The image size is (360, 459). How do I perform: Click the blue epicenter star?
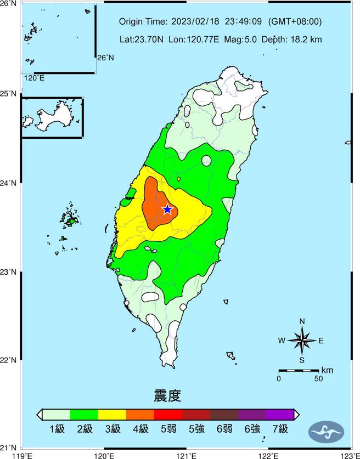[168, 209]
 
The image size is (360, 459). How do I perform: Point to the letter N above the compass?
[302, 321]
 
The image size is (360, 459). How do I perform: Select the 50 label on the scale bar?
[318, 378]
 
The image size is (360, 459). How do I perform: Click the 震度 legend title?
[167, 395]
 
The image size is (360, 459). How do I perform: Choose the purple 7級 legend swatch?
[280, 414]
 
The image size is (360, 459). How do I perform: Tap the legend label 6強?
[252, 429]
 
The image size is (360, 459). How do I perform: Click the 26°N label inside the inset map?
[105, 57]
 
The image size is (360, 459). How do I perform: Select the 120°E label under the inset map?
[33, 78]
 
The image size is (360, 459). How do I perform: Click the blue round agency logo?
[327, 431]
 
